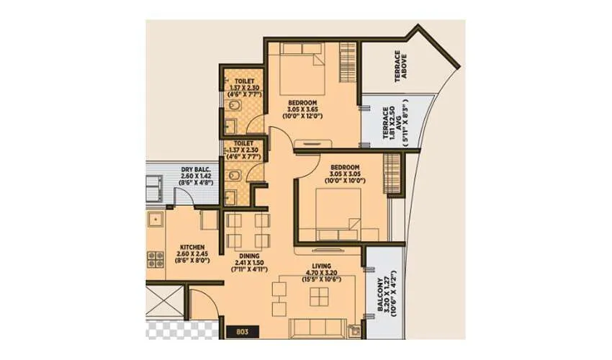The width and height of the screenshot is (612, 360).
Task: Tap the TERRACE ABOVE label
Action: point(400,67)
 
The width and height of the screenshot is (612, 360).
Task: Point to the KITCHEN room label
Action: point(192,246)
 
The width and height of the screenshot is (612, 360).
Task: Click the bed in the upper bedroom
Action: point(302,68)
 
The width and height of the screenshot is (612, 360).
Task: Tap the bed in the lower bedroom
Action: point(338,216)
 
